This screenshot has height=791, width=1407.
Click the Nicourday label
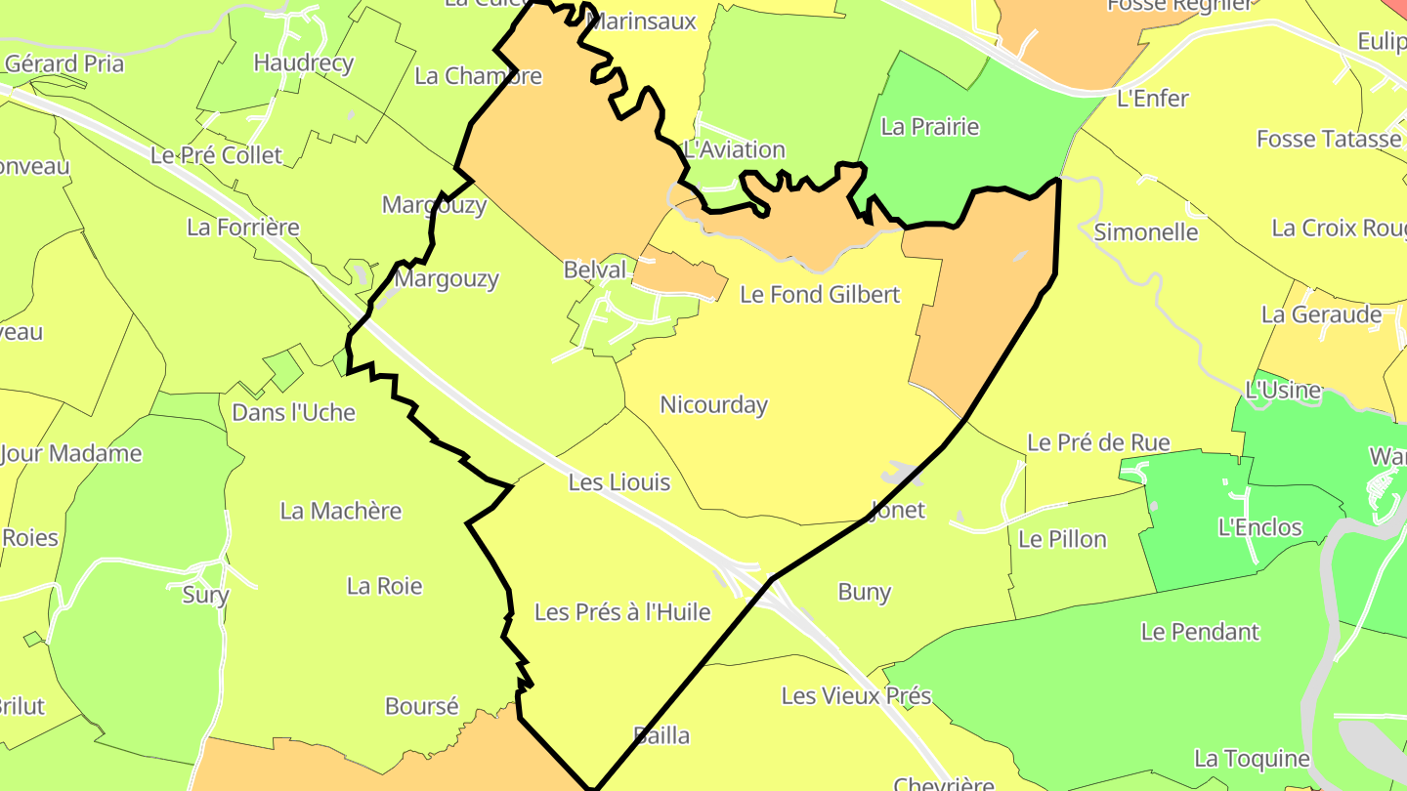coord(713,405)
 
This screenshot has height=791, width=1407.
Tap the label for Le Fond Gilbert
coord(820,294)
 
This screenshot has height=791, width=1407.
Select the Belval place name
coord(594,270)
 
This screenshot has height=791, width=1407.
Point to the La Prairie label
coord(929,127)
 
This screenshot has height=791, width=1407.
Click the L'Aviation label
coord(735,150)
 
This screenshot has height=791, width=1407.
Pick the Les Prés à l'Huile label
coord(622,612)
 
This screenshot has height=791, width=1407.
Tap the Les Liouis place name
coord(619,482)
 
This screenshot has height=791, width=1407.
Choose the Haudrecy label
coord(303,63)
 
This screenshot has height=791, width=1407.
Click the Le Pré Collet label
coord(216,155)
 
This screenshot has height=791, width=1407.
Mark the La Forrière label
coord(243,228)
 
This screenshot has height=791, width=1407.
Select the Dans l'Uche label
coord(293,413)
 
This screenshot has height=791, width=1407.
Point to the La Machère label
coord(341,511)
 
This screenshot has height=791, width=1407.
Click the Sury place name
coord(205,595)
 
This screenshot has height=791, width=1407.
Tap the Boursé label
coord(422,706)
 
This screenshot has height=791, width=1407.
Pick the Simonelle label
coord(1146,232)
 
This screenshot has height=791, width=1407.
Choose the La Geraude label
coord(1321,315)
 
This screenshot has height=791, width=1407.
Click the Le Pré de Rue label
coord(1098,443)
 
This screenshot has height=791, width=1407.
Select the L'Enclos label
coord(1259,528)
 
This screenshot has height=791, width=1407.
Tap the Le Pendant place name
coord(1200,632)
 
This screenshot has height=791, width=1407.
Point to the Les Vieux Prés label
coord(856,696)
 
